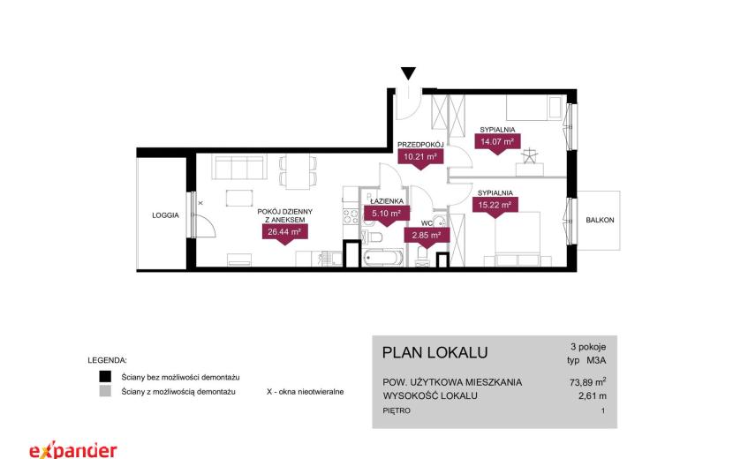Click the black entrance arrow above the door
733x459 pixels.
tap(408, 73)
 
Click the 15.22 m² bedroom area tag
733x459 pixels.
tap(495, 207)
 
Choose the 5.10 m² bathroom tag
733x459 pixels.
tap(387, 215)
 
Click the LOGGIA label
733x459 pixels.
tap(165, 215)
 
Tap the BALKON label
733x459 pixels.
tap(600, 220)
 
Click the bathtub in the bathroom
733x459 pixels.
tap(383, 258)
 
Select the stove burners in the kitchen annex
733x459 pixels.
tap(351, 216)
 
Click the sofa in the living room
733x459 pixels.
tap(239, 168)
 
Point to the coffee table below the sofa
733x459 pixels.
tap(239, 198)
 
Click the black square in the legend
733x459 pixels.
tap(105, 377)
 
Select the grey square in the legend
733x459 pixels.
tap(105, 391)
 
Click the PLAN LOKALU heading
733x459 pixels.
tap(435, 352)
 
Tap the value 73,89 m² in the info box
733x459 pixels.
tap(587, 382)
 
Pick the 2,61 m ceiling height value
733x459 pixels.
tap(593, 396)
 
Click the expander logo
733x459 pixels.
tap(73, 449)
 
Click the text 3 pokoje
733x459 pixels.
tap(588, 347)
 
